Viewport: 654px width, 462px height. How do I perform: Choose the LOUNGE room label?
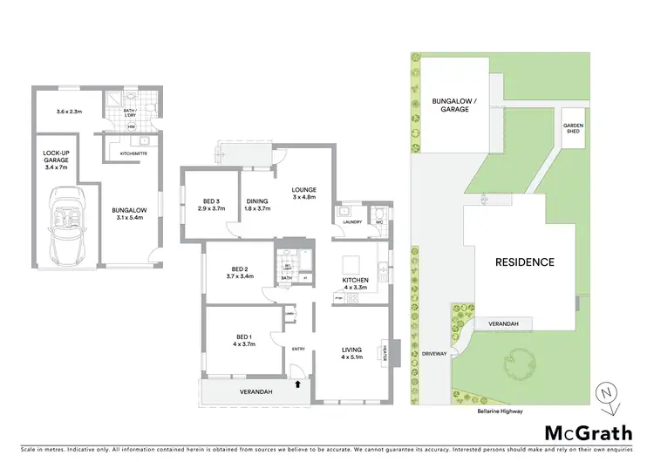tap(303, 189)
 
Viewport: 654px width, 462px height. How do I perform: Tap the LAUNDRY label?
tap(352, 222)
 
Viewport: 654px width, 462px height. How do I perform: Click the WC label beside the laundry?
tap(378, 222)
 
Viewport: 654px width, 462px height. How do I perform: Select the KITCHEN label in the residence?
tap(356, 279)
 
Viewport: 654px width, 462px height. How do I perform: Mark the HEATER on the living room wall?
tap(384, 352)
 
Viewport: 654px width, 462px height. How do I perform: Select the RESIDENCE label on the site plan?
tap(525, 262)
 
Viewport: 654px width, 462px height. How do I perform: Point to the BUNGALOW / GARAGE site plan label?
tap(454, 106)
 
